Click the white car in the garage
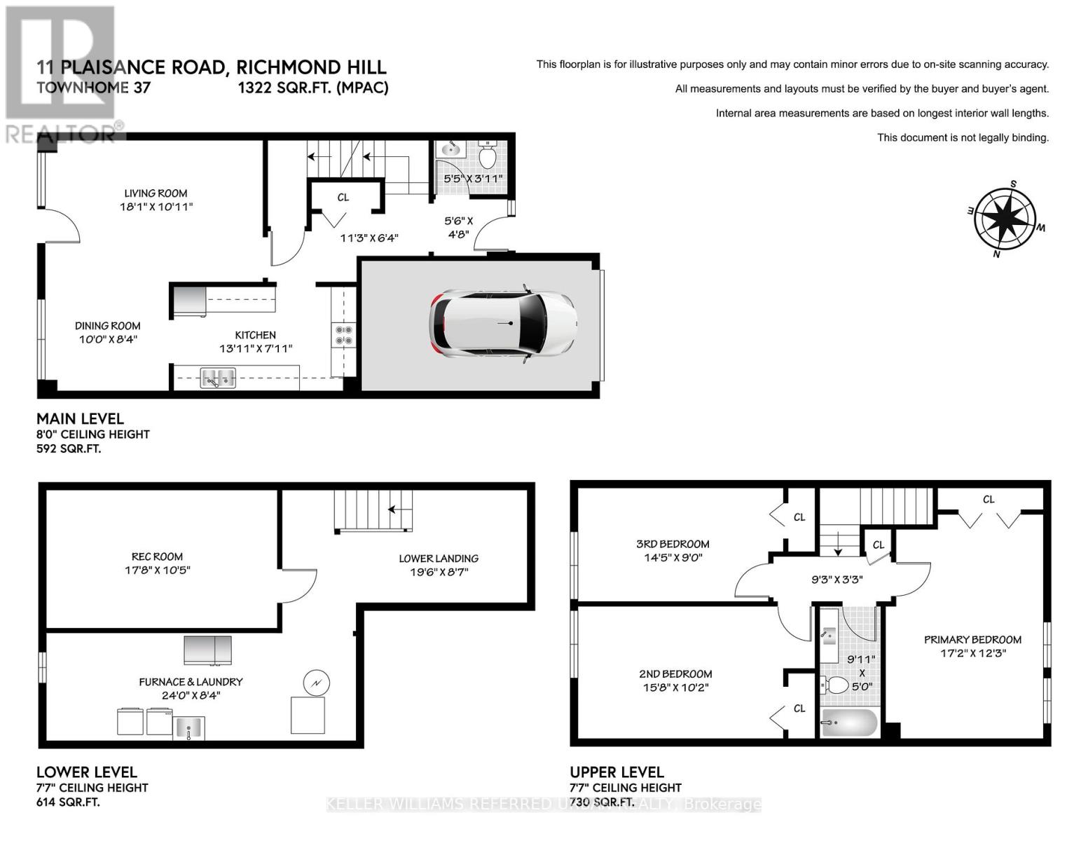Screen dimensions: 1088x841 (503, 324)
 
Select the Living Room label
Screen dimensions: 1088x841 (156, 193)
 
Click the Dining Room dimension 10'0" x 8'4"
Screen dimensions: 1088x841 (108, 339)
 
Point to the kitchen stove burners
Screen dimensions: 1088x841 (343, 335)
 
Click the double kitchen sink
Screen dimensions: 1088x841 (218, 378)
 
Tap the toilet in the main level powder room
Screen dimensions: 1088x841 (487, 153)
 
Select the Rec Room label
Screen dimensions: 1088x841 (157, 556)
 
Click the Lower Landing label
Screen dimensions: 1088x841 (439, 559)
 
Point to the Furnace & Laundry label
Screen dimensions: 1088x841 (191, 682)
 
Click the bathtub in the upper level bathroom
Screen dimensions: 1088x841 (849, 723)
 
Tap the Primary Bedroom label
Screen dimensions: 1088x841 (972, 640)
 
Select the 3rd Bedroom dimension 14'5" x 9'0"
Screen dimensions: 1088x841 (673, 557)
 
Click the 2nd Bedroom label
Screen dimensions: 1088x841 (675, 674)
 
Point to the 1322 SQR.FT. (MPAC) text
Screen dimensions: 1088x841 (313, 88)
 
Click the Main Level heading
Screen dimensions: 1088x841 (80, 418)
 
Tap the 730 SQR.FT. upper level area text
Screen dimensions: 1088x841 (602, 802)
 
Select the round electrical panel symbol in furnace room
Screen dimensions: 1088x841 (317, 683)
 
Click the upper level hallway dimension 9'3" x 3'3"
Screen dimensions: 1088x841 (836, 580)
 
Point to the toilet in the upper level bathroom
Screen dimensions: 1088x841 (834, 685)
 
